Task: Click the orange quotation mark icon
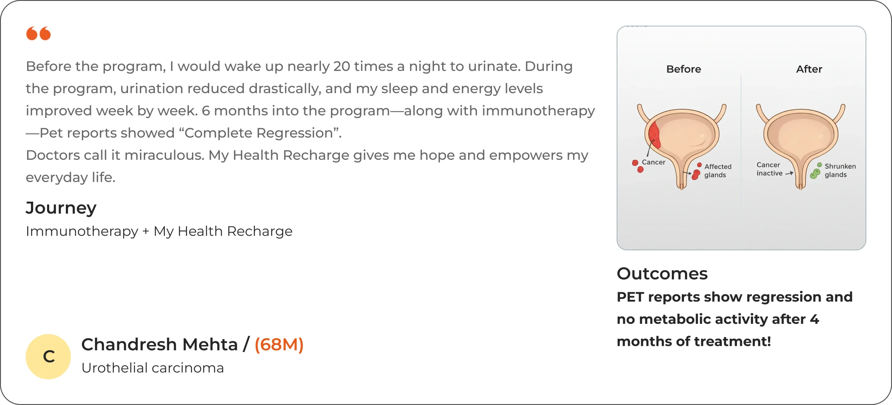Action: coord(38,33)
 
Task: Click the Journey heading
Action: coord(61,208)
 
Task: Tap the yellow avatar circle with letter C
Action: coord(48,357)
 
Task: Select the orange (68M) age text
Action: coord(279,345)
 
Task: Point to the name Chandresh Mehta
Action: coord(160,344)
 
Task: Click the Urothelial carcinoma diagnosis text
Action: coord(153,368)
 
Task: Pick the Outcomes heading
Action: coord(662,274)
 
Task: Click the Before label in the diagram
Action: coord(684,69)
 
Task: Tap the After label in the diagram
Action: coord(809,69)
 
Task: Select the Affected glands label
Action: coord(718,171)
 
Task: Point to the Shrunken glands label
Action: coord(840,170)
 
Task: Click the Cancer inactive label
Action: coord(769,169)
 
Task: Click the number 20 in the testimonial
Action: coord(341,66)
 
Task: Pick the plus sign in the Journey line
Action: coord(146,232)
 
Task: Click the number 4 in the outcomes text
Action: coord(814,319)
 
